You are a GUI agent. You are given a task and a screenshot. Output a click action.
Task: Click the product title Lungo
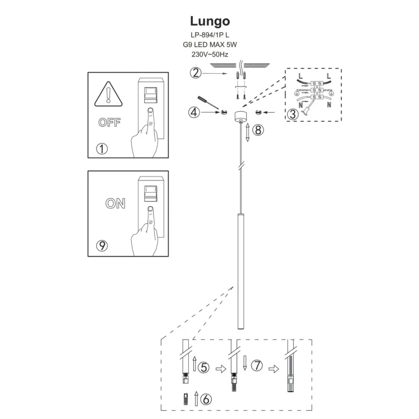pos(209,21)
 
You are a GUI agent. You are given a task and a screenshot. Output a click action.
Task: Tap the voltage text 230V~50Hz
pos(209,55)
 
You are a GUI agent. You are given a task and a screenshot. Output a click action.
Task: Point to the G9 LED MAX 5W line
pos(209,45)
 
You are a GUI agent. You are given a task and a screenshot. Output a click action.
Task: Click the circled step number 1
pos(102,149)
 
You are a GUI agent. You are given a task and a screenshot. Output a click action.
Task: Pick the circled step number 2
pos(195,73)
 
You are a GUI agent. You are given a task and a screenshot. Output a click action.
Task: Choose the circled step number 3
pos(292,115)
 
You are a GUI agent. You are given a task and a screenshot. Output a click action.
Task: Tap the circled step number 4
pos(194,112)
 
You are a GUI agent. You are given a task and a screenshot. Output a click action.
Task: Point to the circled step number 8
pos(257,130)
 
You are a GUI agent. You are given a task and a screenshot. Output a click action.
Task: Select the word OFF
pos(109,123)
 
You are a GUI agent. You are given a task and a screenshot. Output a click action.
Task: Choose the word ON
pos(115,203)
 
